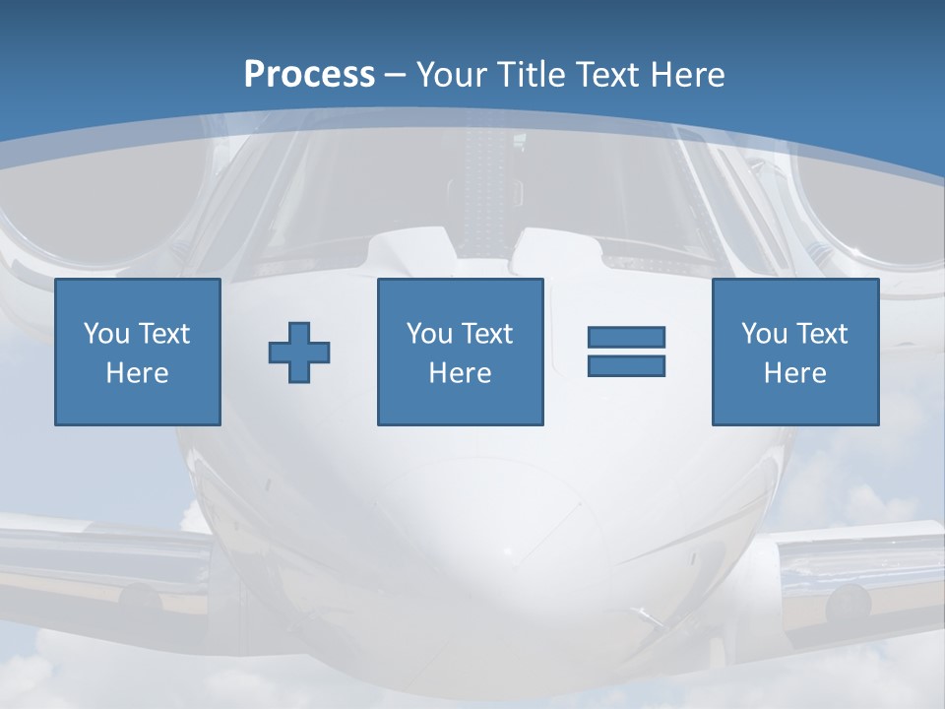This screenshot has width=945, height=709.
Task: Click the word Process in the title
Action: (309, 75)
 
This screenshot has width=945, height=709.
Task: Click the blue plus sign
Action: (299, 353)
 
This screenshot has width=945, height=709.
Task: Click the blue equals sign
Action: (626, 352)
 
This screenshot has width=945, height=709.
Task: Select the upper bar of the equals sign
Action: (626, 338)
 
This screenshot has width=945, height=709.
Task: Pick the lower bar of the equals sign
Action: (626, 365)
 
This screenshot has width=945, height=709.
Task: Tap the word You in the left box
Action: (106, 334)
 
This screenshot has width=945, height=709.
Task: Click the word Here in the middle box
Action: (460, 373)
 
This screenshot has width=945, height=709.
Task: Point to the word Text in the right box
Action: (820, 334)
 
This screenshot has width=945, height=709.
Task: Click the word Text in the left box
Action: (163, 334)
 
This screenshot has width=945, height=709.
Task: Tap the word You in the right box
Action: (764, 334)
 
